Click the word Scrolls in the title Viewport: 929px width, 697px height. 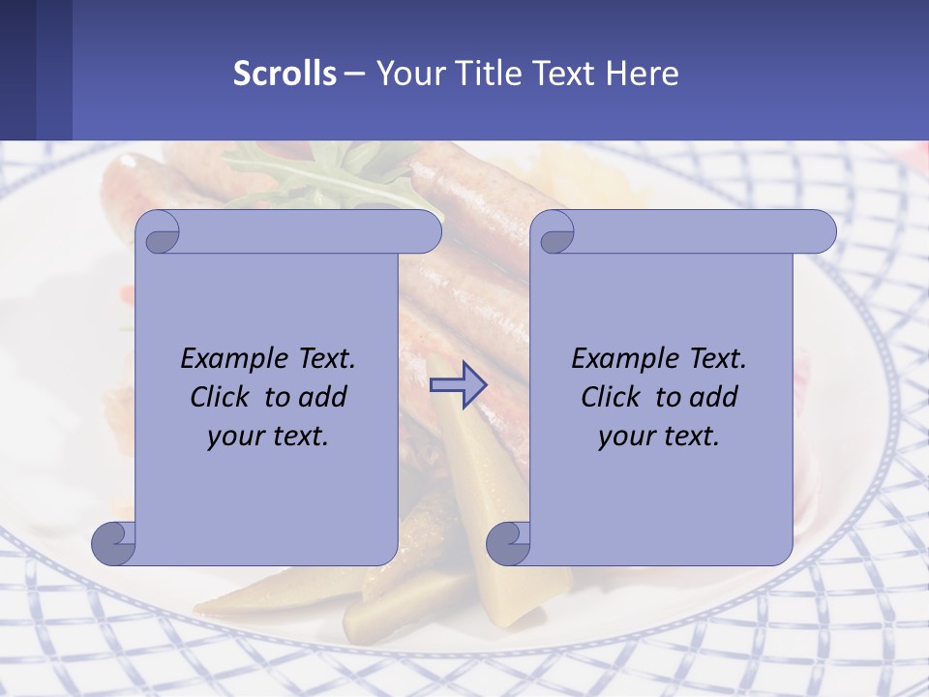coord(285,74)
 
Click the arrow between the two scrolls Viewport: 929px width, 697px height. coord(458,384)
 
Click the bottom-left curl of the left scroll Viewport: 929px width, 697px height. coord(113,543)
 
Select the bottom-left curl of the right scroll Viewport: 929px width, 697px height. coord(507,543)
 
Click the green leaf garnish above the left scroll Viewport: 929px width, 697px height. coord(319,174)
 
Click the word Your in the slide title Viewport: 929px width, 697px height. coord(407,74)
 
